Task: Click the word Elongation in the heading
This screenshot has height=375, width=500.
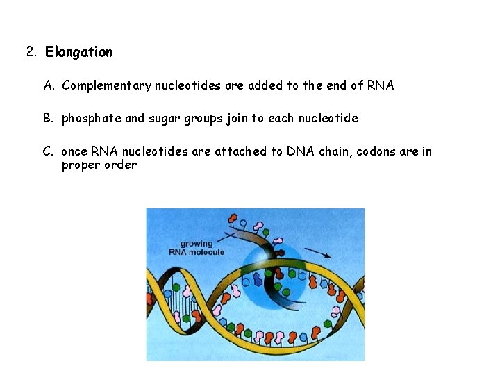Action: (78, 52)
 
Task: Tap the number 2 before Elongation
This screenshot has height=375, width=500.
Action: (31, 52)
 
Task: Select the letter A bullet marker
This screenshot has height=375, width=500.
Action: (49, 85)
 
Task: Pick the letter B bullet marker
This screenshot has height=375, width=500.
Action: (49, 118)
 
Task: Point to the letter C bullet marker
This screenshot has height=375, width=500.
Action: (49, 151)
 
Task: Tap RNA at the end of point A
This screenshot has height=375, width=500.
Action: (380, 85)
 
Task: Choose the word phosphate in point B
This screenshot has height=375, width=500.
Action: (90, 118)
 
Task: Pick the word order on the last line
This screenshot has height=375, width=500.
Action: (120, 165)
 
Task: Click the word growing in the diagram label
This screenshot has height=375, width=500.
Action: (197, 244)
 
